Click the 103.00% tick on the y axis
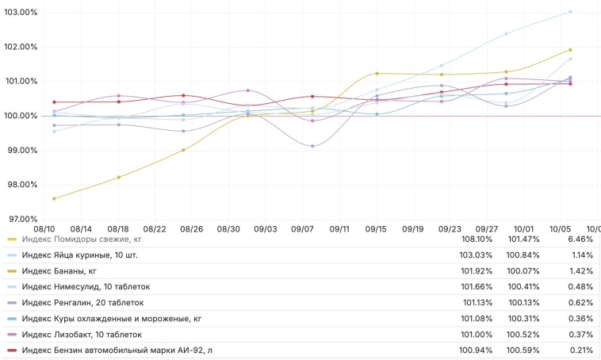19,13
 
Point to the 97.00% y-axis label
21,219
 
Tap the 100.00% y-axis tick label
19,116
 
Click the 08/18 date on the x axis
118,228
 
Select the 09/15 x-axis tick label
376,228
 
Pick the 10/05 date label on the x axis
560,228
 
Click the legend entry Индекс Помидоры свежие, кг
82,239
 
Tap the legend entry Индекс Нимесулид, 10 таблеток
86,286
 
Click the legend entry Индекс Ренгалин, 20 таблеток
83,302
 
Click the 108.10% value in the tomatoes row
477,239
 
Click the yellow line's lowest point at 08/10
54,198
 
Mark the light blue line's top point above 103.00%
570,12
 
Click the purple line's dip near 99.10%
312,146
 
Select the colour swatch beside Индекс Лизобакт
12,334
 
